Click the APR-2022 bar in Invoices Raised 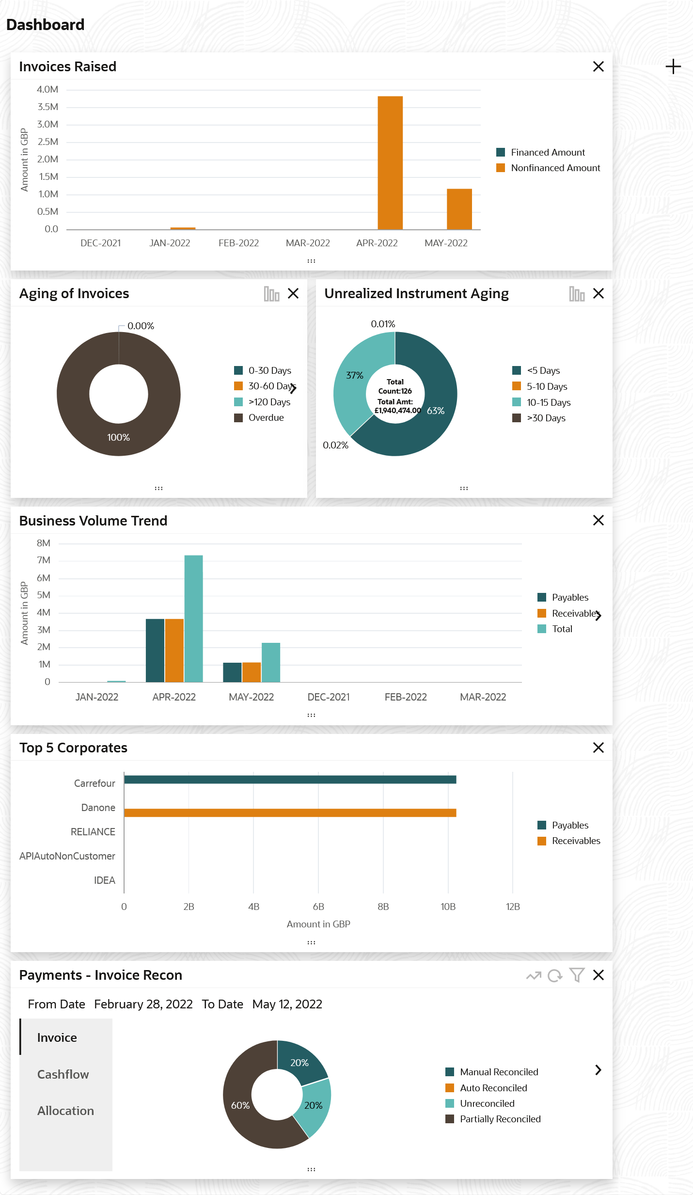(390, 162)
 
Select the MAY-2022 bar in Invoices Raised (459, 209)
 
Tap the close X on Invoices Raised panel (598, 66)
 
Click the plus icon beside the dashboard (673, 66)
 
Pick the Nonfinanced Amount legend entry (555, 168)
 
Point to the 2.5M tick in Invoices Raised (47, 142)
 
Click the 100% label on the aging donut (119, 437)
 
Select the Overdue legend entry (266, 417)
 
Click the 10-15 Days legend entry (548, 402)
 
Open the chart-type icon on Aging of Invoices (271, 294)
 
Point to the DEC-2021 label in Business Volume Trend (329, 697)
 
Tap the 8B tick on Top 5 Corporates (383, 907)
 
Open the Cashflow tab (63, 1074)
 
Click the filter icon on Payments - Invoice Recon (577, 975)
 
